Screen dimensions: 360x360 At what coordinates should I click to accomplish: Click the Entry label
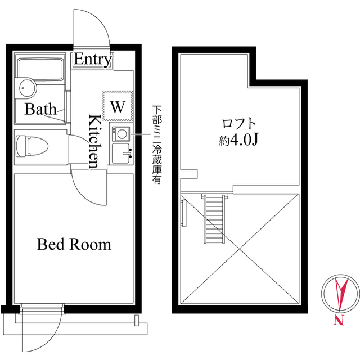93,59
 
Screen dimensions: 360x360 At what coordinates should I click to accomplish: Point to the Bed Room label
74,244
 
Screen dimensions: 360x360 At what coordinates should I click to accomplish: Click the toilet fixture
32,146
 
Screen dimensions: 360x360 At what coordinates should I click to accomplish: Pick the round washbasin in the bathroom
28,88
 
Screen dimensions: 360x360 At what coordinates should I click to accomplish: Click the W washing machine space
118,106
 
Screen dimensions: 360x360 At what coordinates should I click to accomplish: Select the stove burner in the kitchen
121,134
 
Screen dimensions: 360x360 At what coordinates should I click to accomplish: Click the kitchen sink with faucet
121,154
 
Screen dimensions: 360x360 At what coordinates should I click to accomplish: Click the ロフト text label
238,124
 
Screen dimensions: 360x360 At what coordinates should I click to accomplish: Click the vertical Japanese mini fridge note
157,145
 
